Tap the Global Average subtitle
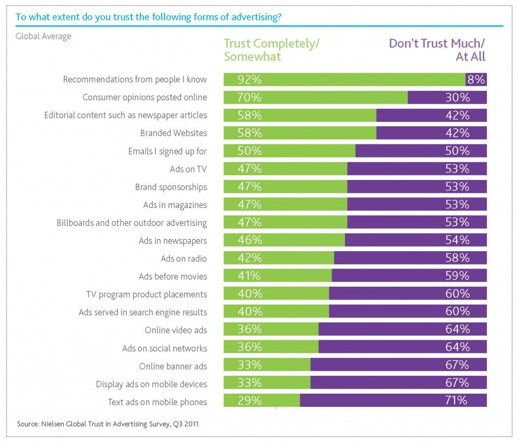pos(43,36)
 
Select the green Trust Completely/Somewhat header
pos(272,50)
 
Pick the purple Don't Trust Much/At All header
pos(437,50)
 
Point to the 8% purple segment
pos(476,79)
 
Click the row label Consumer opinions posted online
pos(144,97)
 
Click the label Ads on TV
pos(188,169)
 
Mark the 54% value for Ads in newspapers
pos(456,241)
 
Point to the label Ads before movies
pos(172,277)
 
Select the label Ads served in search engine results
pos(142,312)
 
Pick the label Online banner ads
pos(173,366)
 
